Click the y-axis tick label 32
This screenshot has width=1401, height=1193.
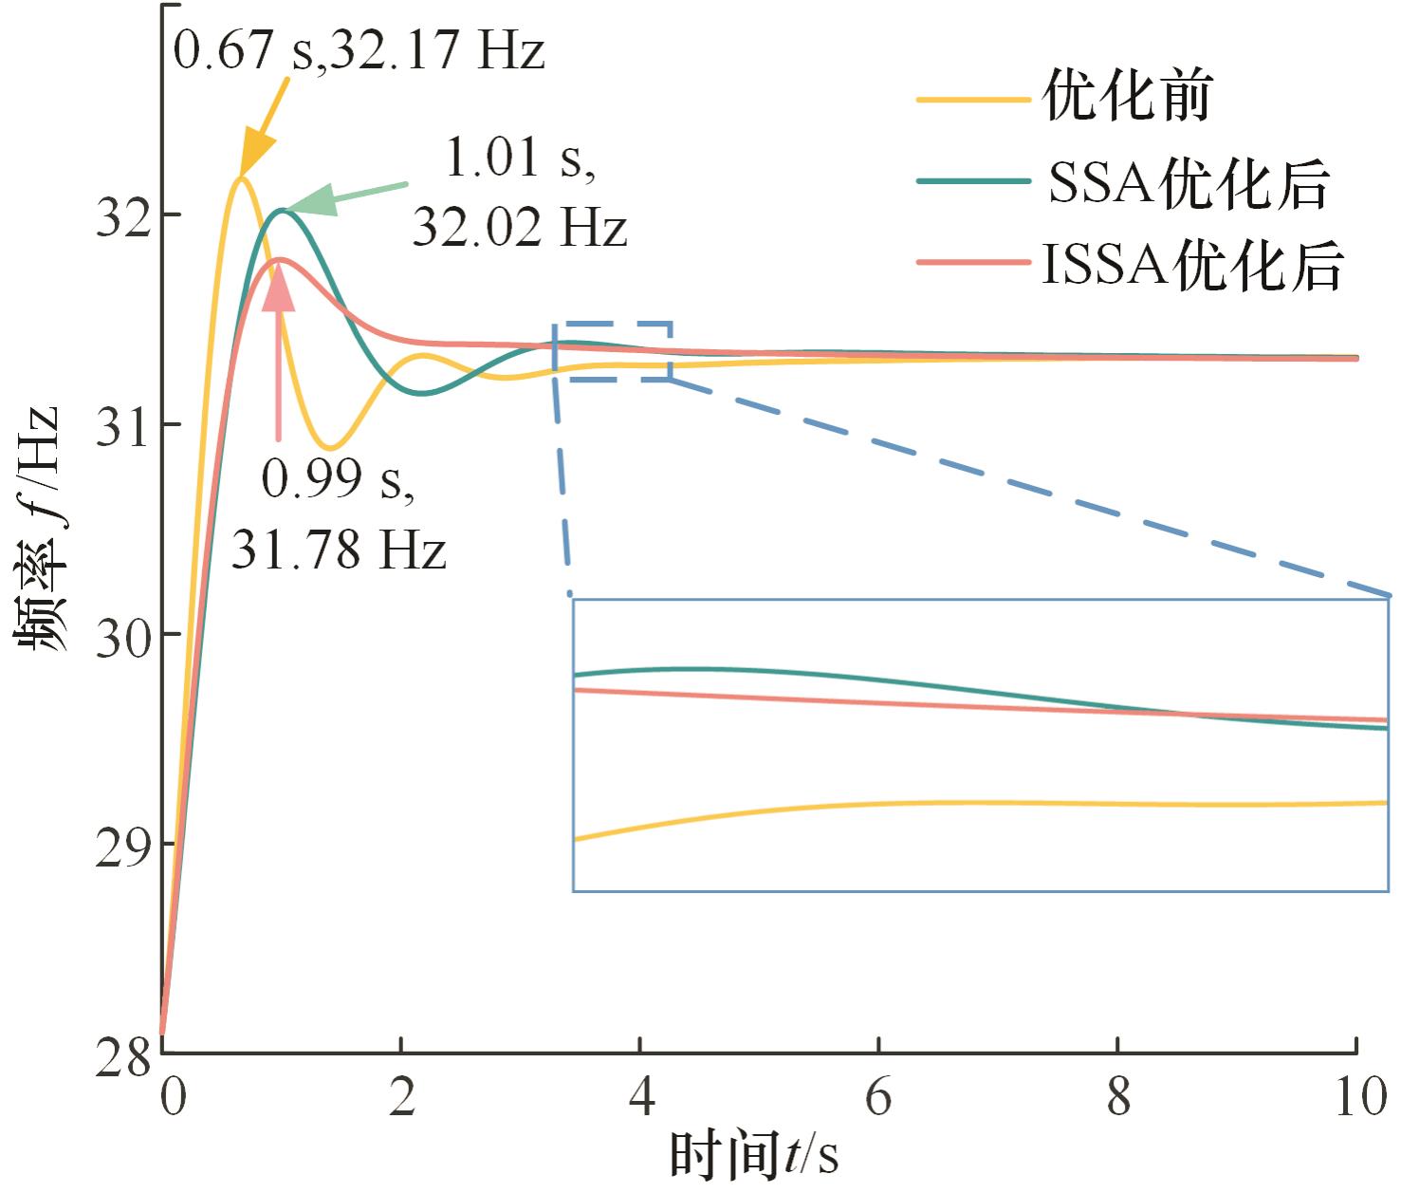123,217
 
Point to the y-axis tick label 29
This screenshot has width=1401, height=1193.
123,847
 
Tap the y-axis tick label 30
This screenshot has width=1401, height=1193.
123,637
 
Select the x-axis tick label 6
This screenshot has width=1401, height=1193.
878,1097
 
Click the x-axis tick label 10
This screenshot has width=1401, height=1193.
1359,1097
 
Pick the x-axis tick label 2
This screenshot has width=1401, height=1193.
401,1097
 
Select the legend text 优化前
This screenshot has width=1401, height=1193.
1127,98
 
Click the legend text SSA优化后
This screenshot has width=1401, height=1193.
1189,182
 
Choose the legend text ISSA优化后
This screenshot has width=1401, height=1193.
1193,265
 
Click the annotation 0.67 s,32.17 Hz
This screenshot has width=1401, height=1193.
359,49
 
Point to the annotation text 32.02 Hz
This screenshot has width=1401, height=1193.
519,228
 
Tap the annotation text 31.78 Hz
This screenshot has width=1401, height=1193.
339,550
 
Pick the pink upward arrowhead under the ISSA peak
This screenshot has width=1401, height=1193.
278,288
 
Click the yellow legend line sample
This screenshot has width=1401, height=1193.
972,99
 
